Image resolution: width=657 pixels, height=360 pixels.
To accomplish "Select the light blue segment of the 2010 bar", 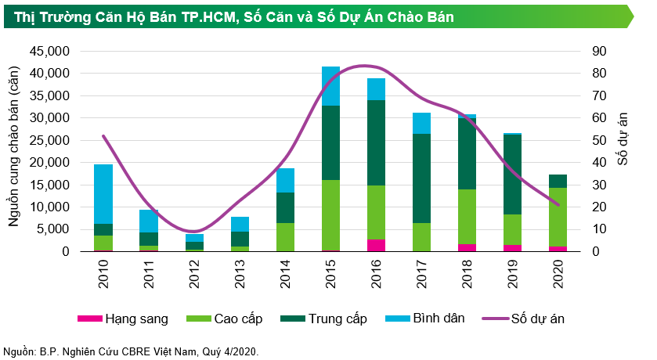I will click(x=103, y=193).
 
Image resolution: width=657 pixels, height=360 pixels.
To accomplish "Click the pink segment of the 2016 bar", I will click(x=377, y=245).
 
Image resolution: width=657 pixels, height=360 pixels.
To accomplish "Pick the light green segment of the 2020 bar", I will click(x=558, y=217).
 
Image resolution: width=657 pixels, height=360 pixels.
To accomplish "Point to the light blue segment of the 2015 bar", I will click(x=331, y=86).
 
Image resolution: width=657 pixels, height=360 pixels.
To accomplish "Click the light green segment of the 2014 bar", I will click(x=286, y=237).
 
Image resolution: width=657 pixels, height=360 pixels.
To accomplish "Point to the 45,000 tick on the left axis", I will click(x=50, y=52).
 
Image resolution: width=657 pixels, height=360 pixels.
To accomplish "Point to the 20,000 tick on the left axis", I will click(x=50, y=163).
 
